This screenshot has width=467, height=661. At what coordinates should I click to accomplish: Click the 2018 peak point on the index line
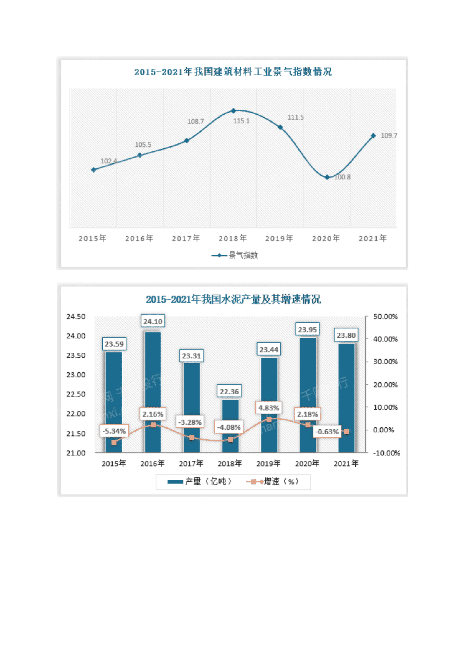point(233,111)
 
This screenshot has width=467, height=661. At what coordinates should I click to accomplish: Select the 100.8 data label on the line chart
point(342,177)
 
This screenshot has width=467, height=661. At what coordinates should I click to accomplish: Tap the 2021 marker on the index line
point(373,136)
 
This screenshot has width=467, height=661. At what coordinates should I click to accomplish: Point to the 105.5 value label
point(143,145)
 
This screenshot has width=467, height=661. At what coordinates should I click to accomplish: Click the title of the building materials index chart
point(233,72)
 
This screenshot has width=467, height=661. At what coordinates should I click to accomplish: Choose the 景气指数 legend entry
point(235,255)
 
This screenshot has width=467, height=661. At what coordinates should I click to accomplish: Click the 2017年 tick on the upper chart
point(186,238)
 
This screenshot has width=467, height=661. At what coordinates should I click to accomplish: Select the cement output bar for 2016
point(153,392)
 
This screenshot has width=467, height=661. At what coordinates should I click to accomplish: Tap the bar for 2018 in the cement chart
point(230,426)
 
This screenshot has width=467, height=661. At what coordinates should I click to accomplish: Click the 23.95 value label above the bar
point(307,330)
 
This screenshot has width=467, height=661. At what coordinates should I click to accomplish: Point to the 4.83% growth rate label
point(269,408)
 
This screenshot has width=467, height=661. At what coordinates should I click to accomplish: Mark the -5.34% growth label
point(114,431)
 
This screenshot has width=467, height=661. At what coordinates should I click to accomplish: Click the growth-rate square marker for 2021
point(346,432)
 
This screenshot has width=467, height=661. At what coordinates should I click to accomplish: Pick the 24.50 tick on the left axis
point(76,317)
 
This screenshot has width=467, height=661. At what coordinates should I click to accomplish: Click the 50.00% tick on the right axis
point(385,317)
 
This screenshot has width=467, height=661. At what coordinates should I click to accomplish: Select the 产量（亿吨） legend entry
point(199,482)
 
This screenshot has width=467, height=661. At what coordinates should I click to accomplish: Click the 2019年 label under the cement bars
point(268,464)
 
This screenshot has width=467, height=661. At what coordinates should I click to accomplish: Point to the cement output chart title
point(233,300)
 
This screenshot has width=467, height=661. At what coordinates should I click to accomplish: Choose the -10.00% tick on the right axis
point(386,453)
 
